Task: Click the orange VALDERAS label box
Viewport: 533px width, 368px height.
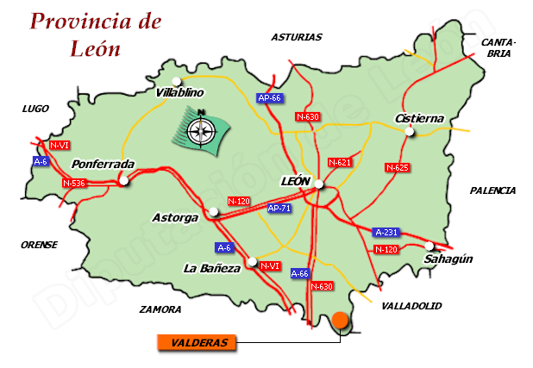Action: point(197,343)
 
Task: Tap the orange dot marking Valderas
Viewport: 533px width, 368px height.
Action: point(341,321)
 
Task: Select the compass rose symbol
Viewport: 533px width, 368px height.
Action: point(204,129)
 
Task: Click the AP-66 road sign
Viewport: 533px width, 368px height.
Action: point(270,98)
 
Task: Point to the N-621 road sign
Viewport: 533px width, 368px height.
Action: point(340,162)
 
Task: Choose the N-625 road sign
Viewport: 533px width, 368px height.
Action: point(397,167)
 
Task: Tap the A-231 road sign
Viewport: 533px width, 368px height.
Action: point(386,233)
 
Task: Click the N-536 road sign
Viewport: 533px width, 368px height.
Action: point(73,183)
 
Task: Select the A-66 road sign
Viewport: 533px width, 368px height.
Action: point(299,273)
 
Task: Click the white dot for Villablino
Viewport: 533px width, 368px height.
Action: point(177,81)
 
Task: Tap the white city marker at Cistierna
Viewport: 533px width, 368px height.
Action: point(411,132)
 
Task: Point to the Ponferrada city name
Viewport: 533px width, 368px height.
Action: point(103,164)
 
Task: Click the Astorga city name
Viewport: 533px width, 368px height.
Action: point(174,218)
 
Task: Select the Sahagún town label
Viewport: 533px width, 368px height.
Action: point(449,259)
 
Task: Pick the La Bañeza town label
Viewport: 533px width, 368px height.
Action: point(210,269)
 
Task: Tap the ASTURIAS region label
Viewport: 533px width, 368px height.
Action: point(296,37)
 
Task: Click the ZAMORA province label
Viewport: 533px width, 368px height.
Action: point(160,309)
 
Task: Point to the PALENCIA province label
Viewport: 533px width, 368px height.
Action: point(492,190)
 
